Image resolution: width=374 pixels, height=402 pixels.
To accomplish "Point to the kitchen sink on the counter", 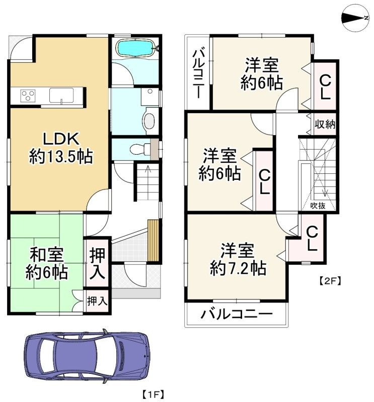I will coord(61,94).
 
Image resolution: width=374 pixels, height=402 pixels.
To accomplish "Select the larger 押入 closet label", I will coord(98,263).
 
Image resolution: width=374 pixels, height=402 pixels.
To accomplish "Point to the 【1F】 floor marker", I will coord(153,393).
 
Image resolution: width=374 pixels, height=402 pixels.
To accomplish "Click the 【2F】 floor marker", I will coord(330,281).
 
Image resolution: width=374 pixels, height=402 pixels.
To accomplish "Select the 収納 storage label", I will coord(326,124).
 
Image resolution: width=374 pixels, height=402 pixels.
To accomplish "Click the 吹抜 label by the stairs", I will coord(318,205).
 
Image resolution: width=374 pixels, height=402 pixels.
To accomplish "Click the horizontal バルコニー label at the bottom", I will coord(237,315).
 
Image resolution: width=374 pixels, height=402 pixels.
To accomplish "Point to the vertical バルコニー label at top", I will coord(198,73).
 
